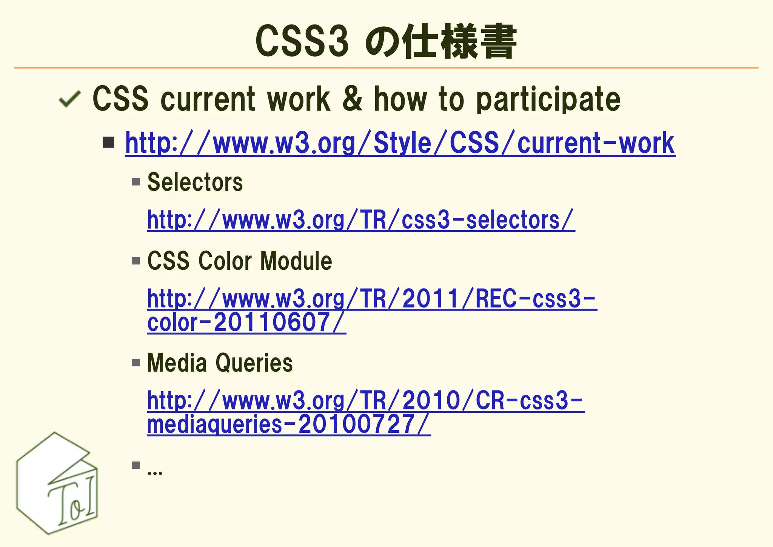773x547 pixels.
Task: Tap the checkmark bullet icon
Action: point(70,99)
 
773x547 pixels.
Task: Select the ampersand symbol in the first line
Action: point(352,99)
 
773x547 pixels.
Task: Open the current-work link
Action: point(400,144)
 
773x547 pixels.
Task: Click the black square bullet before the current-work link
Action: point(108,143)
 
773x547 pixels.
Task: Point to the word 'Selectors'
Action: point(195,182)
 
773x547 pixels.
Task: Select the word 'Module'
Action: point(296,261)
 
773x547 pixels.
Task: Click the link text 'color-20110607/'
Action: point(246,323)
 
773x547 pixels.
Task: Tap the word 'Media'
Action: point(177,363)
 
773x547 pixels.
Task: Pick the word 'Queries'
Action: point(254,363)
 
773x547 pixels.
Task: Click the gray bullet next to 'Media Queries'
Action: point(136,363)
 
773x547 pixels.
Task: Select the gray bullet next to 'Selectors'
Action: point(136,182)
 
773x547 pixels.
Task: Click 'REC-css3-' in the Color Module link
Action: point(536,299)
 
